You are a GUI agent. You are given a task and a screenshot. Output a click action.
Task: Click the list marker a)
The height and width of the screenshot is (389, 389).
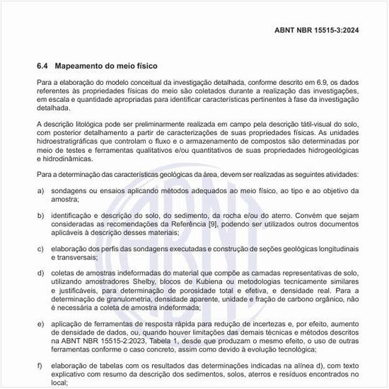[41, 191]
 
